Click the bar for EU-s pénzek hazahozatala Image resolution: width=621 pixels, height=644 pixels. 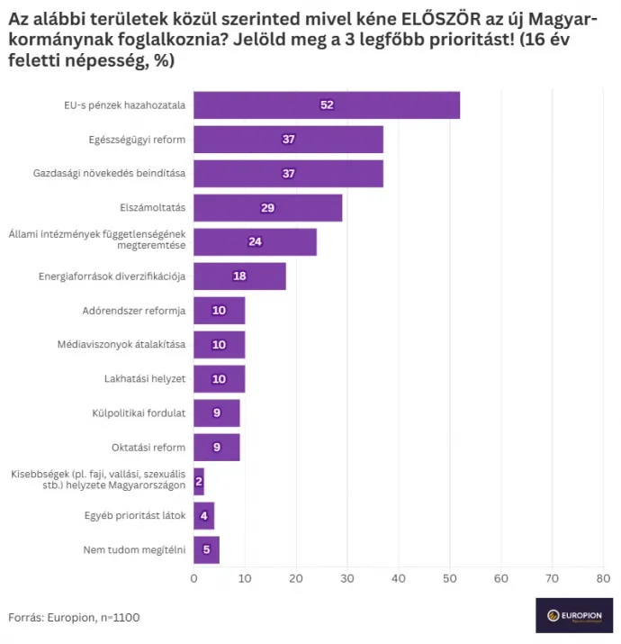(x=327, y=105)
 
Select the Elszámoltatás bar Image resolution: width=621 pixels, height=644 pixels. (x=267, y=208)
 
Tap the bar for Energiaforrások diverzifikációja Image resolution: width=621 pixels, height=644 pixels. (x=239, y=277)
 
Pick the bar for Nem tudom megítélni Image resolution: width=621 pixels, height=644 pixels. (x=206, y=550)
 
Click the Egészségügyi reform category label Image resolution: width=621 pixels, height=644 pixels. (x=137, y=140)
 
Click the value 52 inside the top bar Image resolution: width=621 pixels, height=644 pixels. (x=327, y=105)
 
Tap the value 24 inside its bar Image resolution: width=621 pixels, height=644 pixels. (x=255, y=242)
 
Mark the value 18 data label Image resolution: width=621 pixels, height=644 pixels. (x=239, y=277)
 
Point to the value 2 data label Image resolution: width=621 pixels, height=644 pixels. (x=199, y=482)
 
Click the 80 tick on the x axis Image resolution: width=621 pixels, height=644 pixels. (x=603, y=577)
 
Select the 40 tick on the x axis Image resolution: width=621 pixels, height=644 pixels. (x=399, y=577)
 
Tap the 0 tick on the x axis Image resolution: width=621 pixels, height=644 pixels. (x=193, y=577)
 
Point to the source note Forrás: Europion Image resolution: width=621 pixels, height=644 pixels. (x=74, y=618)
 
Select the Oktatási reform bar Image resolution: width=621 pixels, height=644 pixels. (x=217, y=448)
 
